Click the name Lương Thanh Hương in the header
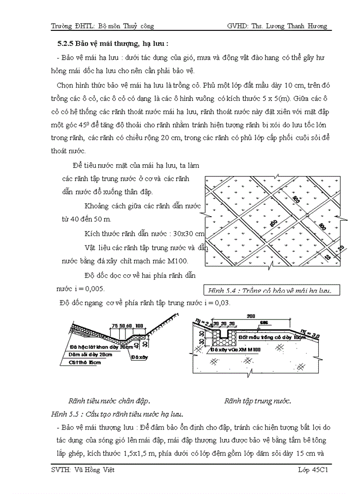[x=298, y=26]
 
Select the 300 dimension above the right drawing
[x=251, y=316]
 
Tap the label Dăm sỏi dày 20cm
[x=90, y=354]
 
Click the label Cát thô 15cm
[x=85, y=362]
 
